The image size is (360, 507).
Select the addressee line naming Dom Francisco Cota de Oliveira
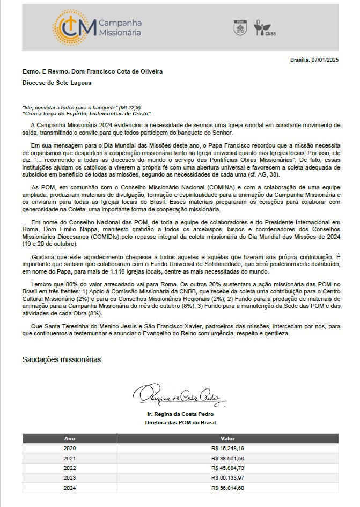tap(92, 71)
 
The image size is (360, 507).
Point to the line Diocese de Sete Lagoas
tap(57, 83)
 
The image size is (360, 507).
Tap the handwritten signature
tap(180, 396)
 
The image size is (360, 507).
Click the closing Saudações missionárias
tap(62, 359)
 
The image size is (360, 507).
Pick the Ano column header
tap(70, 438)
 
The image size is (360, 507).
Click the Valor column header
tap(227, 438)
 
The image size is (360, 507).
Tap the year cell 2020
tap(70, 448)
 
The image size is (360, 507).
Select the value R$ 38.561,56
tap(227, 458)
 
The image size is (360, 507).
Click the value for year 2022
tap(227, 468)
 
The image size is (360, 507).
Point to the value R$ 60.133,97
tap(227, 477)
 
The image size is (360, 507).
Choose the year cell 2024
tap(70, 488)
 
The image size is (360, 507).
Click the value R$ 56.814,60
tap(227, 488)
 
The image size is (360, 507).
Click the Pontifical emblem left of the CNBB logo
tap(240, 28)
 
